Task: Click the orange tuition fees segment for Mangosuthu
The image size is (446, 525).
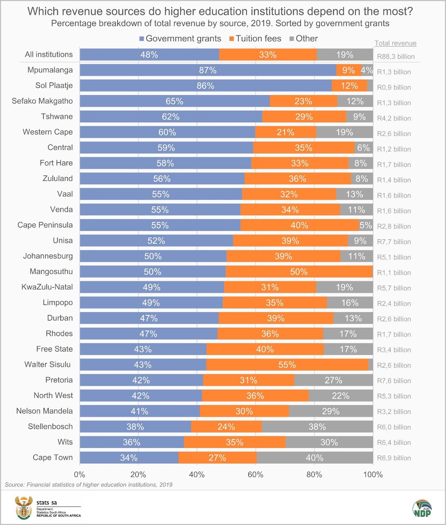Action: point(299,272)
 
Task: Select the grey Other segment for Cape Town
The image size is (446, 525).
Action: point(314,458)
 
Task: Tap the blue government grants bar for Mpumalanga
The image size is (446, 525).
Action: point(208,70)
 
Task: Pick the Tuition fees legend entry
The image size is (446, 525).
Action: point(255,38)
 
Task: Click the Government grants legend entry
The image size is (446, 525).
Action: point(180,38)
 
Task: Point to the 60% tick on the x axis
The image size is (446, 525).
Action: point(256,475)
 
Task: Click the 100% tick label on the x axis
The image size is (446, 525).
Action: point(373,475)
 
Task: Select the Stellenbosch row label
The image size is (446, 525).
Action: point(50,426)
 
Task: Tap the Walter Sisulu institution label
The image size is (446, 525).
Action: point(48,364)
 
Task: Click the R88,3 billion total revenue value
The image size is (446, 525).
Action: point(396,57)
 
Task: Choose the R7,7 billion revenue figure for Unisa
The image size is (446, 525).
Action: point(394,242)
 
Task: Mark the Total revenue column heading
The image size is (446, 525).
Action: point(395,43)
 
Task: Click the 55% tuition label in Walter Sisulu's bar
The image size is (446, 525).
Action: point(287,365)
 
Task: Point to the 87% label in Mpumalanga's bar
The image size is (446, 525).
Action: point(208,70)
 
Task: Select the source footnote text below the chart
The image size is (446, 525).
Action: point(88,485)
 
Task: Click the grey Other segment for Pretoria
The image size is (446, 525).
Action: point(333,380)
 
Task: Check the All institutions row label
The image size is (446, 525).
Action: point(48,54)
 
